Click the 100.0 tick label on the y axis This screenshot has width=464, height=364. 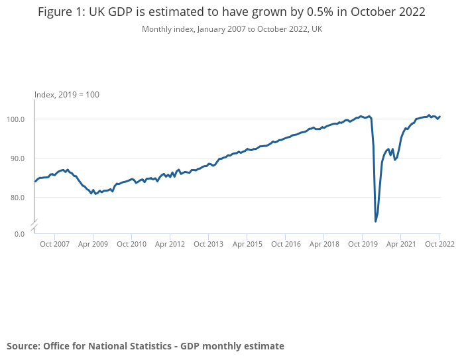coord(16,119)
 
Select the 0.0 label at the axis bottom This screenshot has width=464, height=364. coord(19,233)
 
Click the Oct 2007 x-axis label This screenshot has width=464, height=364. coord(54,244)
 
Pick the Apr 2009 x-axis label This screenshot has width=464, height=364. coord(93,244)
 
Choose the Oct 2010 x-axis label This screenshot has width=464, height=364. coord(131,244)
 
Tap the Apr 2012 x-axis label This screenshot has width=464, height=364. coord(170,244)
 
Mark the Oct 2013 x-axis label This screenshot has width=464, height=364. coord(208,244)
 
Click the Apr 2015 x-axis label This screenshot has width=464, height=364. coord(247,244)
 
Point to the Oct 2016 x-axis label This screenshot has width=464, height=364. coord(285,244)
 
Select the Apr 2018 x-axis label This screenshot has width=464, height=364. coord(323,244)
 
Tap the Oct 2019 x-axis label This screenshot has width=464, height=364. coord(362,244)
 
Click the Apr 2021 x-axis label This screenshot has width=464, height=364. coord(400,244)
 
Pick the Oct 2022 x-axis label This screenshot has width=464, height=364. coord(439,244)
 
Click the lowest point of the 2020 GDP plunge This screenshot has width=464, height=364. coord(376,221)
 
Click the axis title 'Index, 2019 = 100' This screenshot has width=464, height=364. coord(67,95)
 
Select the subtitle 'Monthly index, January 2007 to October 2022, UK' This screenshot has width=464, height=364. coord(232,29)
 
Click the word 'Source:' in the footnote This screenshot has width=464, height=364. coord(23,346)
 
